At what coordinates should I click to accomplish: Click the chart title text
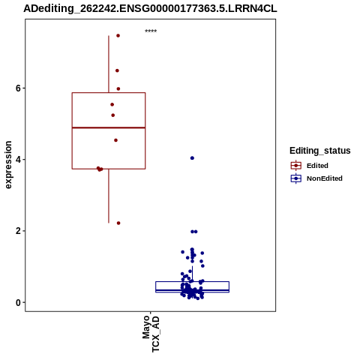click(x=150, y=8)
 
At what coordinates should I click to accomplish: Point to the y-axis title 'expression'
click(x=8, y=165)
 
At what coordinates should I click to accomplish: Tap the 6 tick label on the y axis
click(x=18, y=88)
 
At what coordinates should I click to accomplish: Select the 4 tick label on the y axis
click(x=18, y=160)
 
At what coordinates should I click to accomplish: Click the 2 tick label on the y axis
click(x=18, y=231)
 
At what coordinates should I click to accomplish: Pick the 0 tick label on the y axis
click(x=18, y=302)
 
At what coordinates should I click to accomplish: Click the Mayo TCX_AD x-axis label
click(x=151, y=334)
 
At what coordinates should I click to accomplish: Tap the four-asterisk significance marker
click(x=151, y=31)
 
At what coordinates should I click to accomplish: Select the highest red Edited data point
click(x=118, y=36)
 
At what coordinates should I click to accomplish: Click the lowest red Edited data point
click(x=118, y=223)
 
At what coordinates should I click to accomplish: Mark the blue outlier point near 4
click(x=192, y=158)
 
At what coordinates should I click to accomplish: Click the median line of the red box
click(x=109, y=127)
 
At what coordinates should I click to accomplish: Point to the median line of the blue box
click(x=192, y=290)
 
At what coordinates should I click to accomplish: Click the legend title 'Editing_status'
click(x=320, y=151)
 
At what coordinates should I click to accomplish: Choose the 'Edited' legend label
click(x=317, y=166)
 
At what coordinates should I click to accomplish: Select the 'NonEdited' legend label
click(x=325, y=178)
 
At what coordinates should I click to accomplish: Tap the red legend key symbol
click(x=296, y=166)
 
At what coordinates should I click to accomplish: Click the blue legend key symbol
click(x=296, y=178)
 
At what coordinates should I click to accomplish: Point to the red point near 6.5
click(x=117, y=70)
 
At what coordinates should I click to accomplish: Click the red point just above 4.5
click(x=115, y=140)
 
